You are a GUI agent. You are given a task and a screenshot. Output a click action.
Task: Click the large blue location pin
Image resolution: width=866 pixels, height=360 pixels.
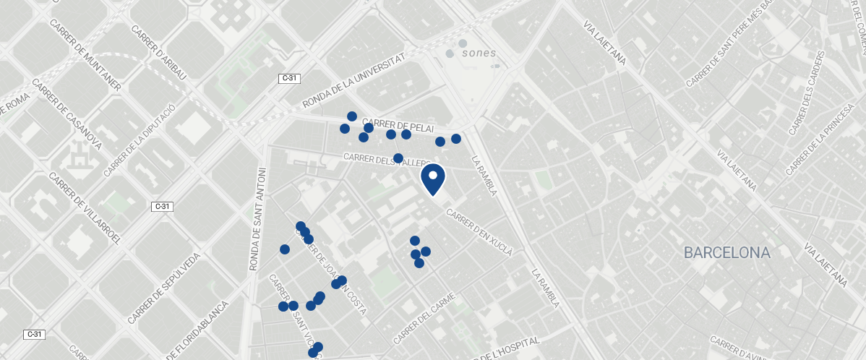coord(433,178)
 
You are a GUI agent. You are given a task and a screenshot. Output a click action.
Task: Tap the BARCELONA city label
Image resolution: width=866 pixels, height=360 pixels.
coord(727,253)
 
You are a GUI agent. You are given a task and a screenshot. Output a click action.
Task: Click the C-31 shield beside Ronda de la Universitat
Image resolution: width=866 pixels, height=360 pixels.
coord(289,77)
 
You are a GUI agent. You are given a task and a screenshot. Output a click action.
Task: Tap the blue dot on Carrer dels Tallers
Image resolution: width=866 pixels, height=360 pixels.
coord(398,158)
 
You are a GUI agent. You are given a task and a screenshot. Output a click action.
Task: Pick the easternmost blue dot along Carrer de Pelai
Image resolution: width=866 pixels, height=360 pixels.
coord(456,139)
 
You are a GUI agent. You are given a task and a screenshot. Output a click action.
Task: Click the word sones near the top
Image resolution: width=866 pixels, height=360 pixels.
coord(479,53)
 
